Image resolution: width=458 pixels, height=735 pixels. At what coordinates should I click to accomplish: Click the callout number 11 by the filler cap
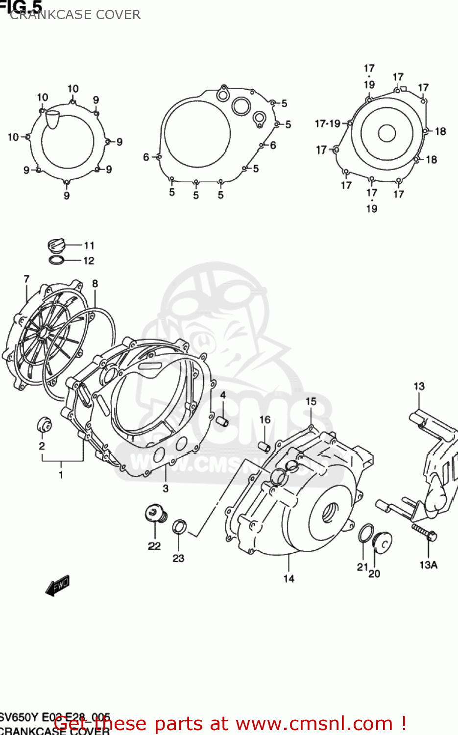(89, 245)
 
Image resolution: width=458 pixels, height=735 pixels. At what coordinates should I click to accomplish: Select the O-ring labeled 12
(56, 260)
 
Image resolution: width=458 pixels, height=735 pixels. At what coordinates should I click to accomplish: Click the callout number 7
(26, 279)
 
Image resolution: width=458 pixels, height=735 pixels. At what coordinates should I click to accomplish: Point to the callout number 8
(95, 283)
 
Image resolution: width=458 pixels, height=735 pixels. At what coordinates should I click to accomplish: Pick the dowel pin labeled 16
(265, 446)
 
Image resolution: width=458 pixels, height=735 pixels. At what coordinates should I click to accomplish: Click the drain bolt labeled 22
(156, 514)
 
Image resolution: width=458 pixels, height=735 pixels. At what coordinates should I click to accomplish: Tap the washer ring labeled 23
(179, 527)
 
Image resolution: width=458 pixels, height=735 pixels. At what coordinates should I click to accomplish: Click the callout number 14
(289, 579)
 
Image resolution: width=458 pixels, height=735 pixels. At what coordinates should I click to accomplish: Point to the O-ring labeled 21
(365, 534)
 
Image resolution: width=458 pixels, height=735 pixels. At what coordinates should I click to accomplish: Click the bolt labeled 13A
(424, 532)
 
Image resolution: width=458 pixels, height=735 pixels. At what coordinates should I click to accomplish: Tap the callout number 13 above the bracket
(419, 386)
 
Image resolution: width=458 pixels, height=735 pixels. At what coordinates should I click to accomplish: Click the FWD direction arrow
(58, 585)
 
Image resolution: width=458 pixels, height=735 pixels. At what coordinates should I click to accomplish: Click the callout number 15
(311, 401)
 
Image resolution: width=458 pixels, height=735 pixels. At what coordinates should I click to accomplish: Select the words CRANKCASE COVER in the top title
(75, 15)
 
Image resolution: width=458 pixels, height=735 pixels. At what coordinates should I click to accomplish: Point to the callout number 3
(166, 488)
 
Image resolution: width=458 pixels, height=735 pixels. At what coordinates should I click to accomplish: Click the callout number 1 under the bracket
(61, 474)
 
